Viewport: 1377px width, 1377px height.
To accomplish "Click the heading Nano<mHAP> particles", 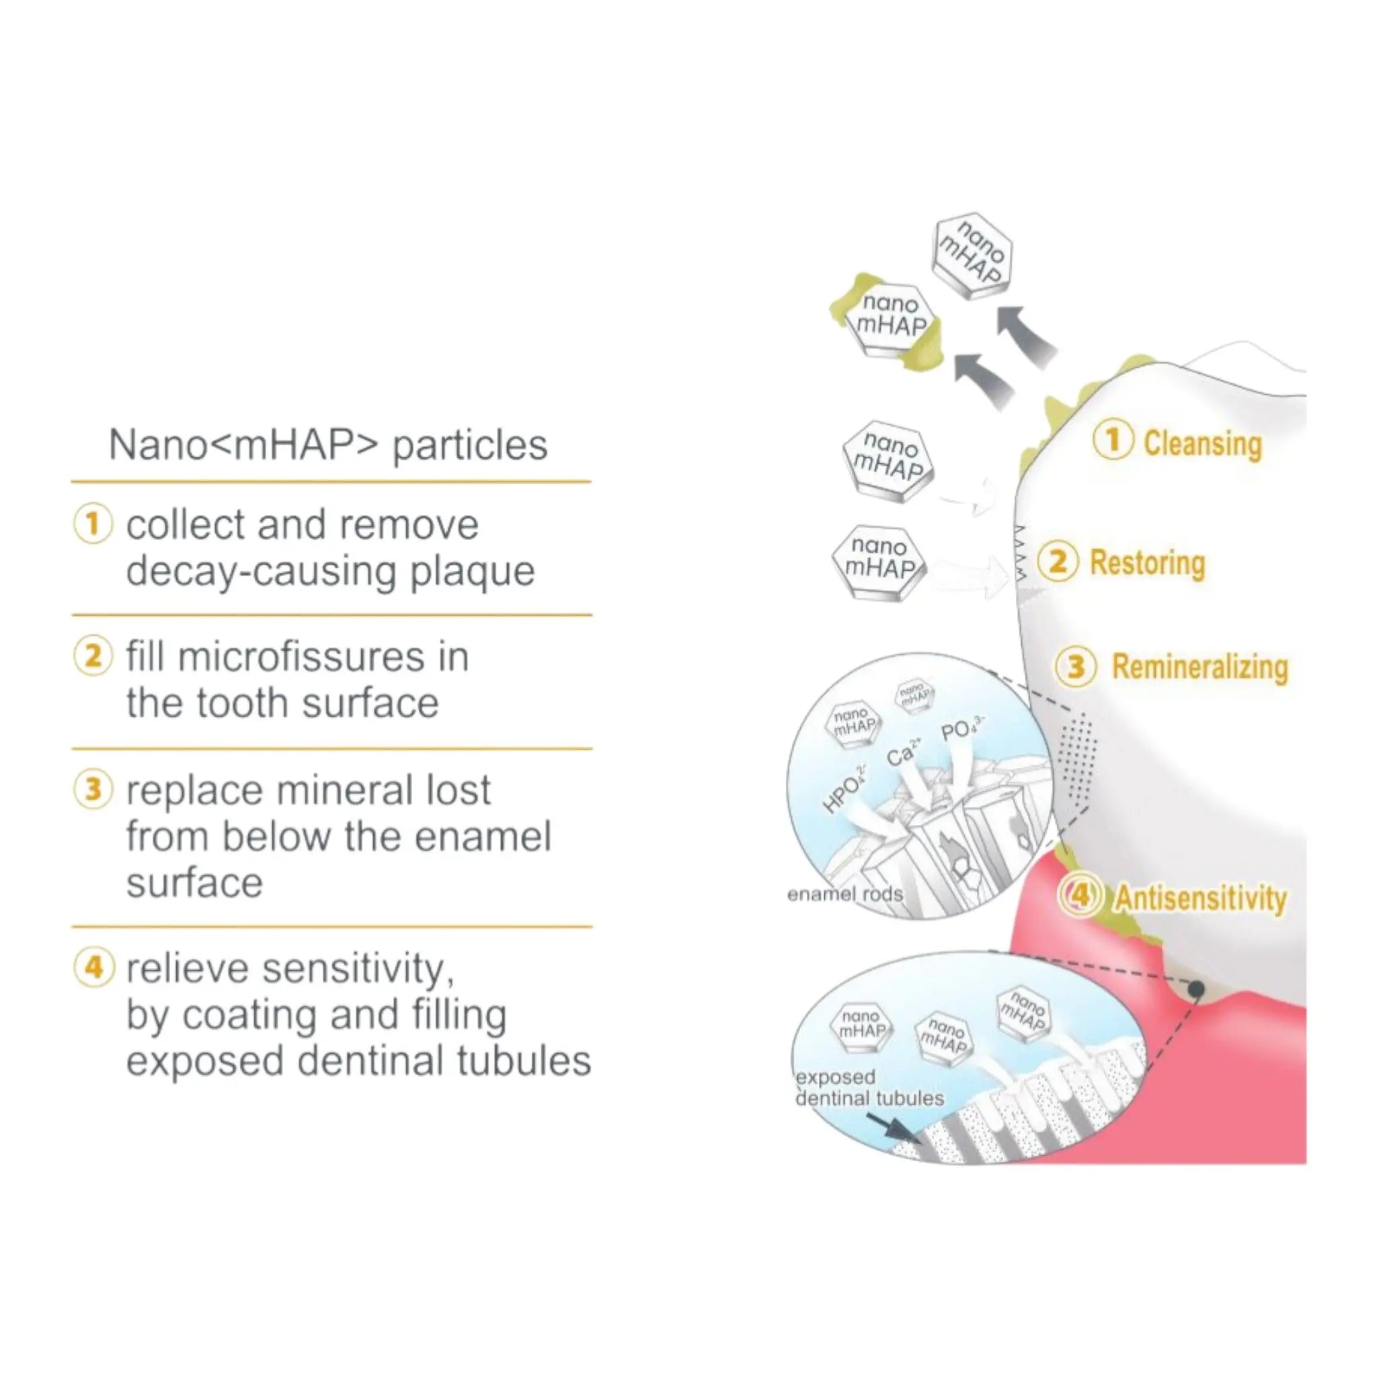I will (x=328, y=446).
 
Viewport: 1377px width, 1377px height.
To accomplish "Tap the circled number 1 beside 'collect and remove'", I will (x=93, y=524).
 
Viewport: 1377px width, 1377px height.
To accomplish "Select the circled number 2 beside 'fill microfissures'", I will (x=93, y=656).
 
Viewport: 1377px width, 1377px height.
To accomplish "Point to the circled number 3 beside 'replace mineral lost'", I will (x=93, y=790).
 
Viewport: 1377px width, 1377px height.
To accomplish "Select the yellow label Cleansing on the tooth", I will (x=1202, y=443).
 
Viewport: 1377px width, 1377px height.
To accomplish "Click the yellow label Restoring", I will (x=1148, y=563).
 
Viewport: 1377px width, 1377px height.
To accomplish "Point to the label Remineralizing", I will (x=1199, y=668).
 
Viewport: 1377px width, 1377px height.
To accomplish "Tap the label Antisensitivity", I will (x=1201, y=898).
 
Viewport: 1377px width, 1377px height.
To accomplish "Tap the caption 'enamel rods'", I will (x=844, y=894).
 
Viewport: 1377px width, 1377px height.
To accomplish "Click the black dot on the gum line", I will (x=1197, y=988).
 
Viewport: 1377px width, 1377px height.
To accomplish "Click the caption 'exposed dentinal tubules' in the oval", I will (x=869, y=1088).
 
